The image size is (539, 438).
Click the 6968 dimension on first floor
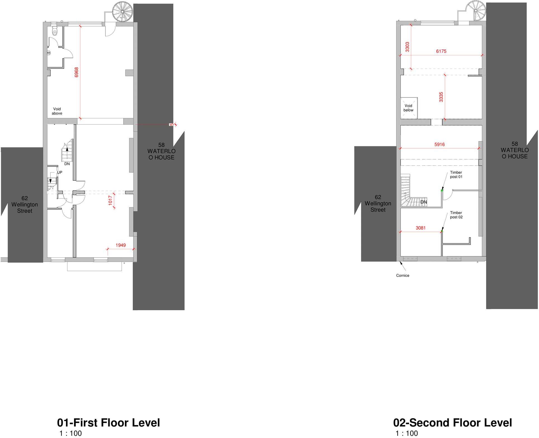coord(77,72)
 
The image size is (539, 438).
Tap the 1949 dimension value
coord(120,245)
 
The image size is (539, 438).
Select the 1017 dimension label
coord(110,200)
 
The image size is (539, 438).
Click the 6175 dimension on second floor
coord(441,51)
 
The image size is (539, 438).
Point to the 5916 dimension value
coord(439,144)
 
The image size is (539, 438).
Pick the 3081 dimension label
coord(420,228)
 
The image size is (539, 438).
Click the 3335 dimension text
coord(441,97)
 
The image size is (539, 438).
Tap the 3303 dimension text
coord(407,47)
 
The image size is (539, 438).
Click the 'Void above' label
coord(57,111)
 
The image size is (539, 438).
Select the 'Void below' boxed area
coord(409,108)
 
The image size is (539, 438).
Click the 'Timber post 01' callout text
coord(456,175)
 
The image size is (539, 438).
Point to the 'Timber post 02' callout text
coord(456,215)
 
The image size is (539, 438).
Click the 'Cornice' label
coord(403,275)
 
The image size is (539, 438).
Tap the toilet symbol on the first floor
coord(55,32)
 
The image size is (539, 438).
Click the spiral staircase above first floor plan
coord(122,11)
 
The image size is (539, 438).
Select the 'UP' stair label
coord(60,172)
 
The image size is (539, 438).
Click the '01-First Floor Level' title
coord(108,423)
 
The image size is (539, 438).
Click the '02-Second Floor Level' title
coord(452,423)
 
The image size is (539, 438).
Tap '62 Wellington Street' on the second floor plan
coord(378,203)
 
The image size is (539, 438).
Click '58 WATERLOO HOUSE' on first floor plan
coord(161,151)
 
